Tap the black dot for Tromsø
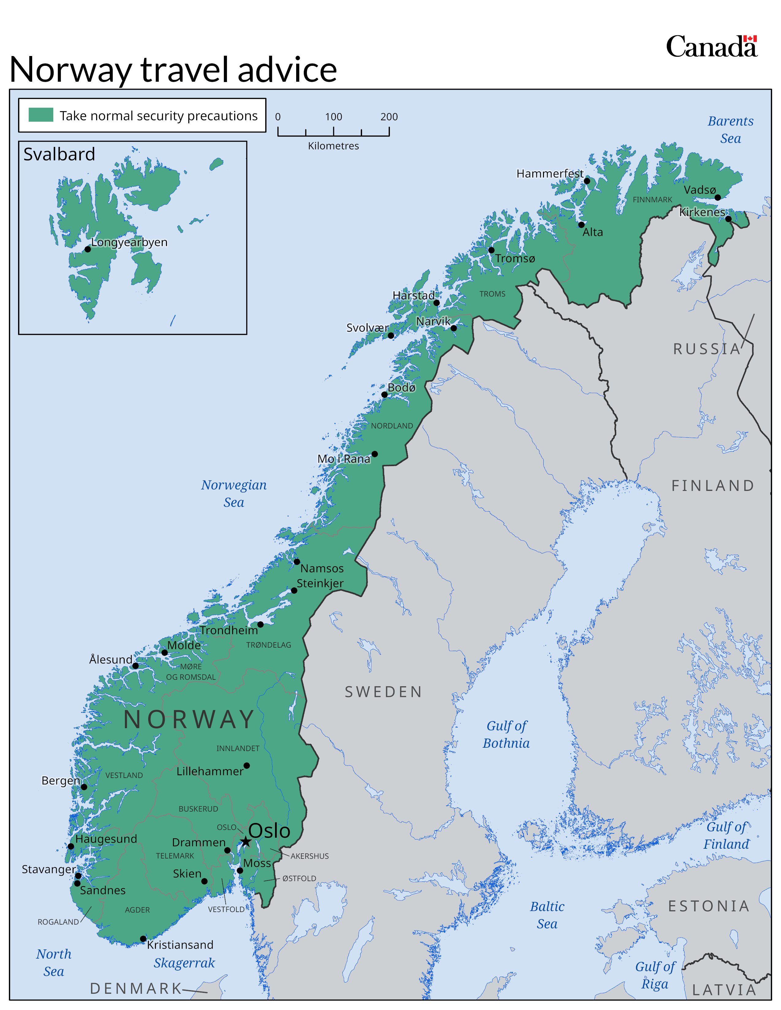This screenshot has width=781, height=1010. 491,250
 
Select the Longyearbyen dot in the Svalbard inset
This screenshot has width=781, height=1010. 88,249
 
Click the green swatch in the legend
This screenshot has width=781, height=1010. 41,115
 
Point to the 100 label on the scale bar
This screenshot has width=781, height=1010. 333,117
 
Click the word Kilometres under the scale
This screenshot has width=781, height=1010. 333,146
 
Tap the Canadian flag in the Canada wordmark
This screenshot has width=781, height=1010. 750,39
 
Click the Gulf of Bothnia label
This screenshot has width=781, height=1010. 506,734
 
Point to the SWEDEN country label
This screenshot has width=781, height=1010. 383,692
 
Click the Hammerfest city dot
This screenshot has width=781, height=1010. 587,181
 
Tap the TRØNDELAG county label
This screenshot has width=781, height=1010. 268,645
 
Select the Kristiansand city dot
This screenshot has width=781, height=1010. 143,939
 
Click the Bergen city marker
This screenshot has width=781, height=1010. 84,787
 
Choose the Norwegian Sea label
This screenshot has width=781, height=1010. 234,493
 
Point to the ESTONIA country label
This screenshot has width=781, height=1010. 708,906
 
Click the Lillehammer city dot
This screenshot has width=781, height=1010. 247,765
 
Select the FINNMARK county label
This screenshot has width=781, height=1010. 652,200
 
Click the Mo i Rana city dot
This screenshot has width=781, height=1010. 375,454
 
